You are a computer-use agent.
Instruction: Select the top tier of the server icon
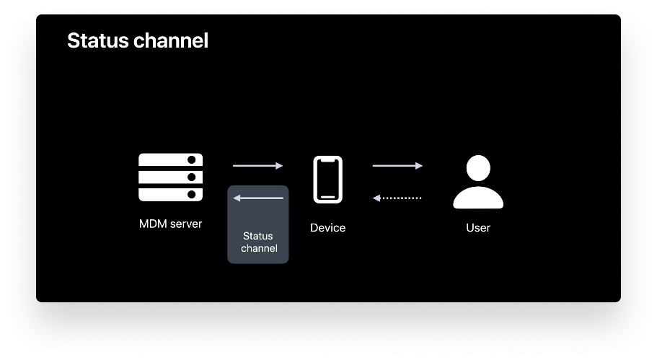coord(170,161)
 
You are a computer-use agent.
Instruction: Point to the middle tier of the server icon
coord(170,177)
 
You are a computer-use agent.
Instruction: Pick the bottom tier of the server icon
coord(170,193)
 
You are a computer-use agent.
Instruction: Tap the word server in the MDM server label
coord(185,224)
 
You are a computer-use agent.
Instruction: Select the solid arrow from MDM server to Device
coord(257,166)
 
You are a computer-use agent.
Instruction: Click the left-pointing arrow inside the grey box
coord(257,198)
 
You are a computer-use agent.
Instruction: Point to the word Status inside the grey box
coord(258,236)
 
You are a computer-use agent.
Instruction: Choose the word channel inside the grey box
coord(258,248)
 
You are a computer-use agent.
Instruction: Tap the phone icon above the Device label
coord(327,180)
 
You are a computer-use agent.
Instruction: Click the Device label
coord(327,228)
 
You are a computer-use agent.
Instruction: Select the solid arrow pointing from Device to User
coord(397,166)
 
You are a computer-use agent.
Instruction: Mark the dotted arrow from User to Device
coord(397,198)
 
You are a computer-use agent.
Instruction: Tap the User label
coord(477,228)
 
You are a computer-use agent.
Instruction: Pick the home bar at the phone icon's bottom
coord(327,195)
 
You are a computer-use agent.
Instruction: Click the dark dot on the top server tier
coord(192,161)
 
